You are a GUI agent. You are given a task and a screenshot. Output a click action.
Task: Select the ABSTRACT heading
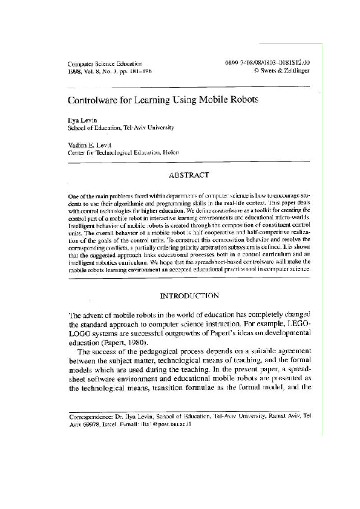click(189, 175)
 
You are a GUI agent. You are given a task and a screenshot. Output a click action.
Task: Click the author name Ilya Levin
click(82, 120)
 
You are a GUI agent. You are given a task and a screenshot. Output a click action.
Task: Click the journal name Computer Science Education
click(105, 63)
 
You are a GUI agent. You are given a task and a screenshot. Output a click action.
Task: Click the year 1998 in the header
click(75, 70)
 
